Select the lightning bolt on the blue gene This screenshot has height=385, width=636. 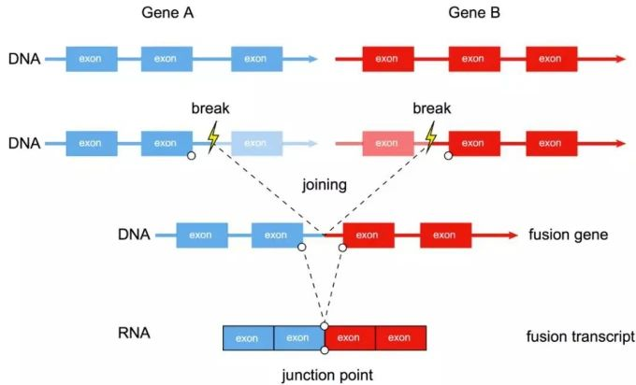point(213,138)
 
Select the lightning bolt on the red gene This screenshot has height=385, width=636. point(431,138)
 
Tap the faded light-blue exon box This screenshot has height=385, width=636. point(255,143)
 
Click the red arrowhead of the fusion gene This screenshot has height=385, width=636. point(512,235)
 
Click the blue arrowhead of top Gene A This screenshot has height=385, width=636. point(312,59)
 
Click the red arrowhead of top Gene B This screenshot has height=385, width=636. point(620,59)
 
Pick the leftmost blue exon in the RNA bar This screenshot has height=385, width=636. point(247,337)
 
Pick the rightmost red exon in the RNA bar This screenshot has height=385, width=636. point(400,337)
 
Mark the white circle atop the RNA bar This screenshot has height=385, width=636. point(324,325)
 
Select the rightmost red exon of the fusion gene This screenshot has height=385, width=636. point(445,235)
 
